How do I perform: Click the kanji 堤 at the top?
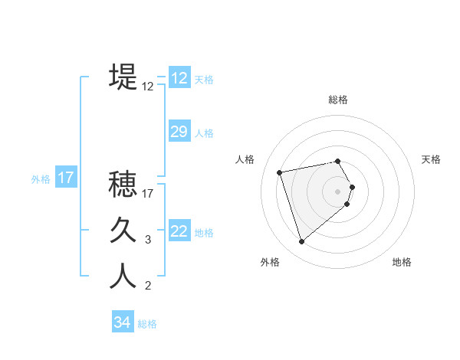(123, 77)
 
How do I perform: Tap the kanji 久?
(123, 231)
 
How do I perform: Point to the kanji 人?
(123, 277)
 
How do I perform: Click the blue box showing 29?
(179, 132)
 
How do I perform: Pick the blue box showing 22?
(179, 231)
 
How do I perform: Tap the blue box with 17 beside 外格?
(66, 178)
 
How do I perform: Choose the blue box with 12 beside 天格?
(179, 78)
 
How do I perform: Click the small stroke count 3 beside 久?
(148, 240)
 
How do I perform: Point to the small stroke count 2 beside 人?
(148, 286)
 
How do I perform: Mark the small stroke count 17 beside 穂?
(148, 194)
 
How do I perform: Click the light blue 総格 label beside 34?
(147, 324)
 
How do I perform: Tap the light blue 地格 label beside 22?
(204, 232)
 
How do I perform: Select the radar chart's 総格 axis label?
(337, 100)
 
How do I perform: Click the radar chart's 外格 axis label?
(270, 262)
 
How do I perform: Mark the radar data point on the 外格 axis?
(302, 242)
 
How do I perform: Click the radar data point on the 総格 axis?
(337, 161)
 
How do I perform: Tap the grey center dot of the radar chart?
(337, 191)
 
